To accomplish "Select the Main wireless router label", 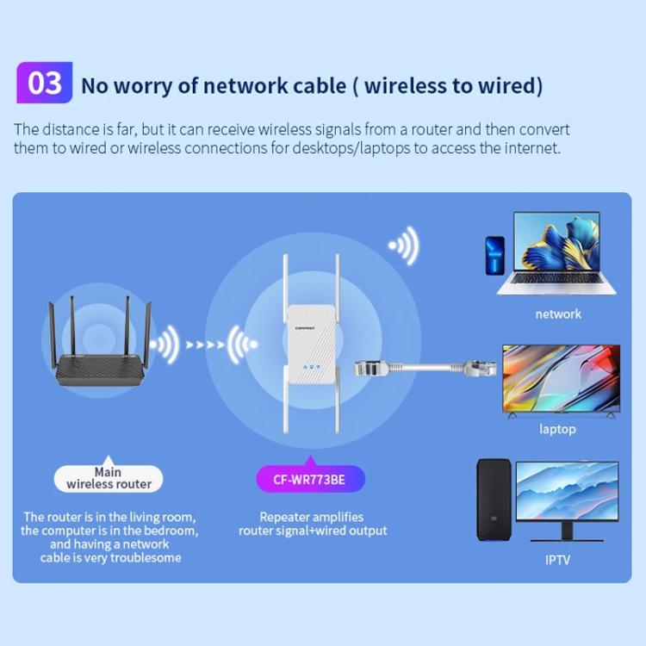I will click(109, 478).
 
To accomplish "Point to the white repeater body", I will click(312, 345).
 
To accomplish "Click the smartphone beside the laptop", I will click(494, 257).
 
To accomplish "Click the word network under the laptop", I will click(558, 314).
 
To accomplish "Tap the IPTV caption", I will click(557, 560).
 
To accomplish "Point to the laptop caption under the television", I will click(557, 429).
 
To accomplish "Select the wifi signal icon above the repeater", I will click(403, 245).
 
